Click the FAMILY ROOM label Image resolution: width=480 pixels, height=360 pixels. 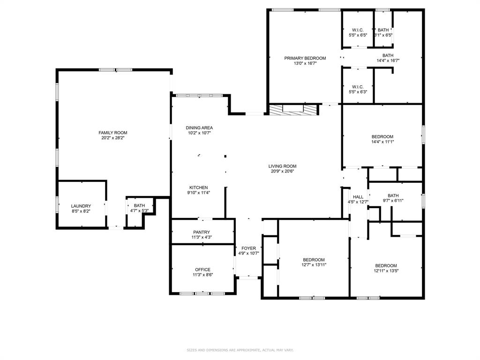112,133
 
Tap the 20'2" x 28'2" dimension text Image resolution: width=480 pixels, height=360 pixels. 112,138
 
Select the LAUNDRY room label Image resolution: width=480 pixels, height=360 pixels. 81,206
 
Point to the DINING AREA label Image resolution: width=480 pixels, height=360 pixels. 199,127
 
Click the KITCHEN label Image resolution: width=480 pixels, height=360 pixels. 198,187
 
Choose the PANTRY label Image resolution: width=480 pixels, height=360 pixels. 202,232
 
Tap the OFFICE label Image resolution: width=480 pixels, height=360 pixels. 202,270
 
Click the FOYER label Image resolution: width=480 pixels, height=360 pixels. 248,248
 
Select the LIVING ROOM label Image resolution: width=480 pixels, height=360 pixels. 282,166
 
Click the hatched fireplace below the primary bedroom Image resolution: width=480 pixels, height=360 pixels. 293,110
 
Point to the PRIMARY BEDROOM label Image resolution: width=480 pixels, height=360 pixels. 305,58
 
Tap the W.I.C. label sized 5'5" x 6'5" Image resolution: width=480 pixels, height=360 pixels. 358,30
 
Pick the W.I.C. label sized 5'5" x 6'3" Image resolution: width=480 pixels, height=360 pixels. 358,87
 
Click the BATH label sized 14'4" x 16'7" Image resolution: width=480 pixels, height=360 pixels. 388,55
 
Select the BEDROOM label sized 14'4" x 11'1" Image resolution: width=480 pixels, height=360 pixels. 382,136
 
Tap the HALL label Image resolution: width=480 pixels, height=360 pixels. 358,197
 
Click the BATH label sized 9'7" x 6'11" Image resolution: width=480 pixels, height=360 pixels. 393,195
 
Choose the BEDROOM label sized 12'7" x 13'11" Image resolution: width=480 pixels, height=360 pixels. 314,260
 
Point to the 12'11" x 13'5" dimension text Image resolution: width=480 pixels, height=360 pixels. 386,270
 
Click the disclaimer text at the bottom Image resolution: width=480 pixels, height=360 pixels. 240,350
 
